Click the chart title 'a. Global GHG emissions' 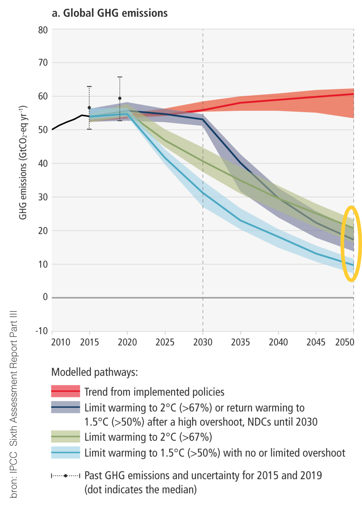110,13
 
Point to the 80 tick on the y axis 43,30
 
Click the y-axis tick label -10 42,331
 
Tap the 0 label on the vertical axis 45,297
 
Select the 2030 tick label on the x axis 203,342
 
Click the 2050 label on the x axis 344,342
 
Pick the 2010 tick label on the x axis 61,342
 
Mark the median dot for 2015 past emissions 89,108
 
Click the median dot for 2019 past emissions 120,98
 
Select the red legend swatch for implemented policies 65,391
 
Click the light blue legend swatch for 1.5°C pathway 65,452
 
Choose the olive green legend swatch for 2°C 65,436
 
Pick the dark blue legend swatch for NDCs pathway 65,407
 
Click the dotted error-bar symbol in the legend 65,476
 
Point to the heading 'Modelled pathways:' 94,372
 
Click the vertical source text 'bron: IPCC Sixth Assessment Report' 13,404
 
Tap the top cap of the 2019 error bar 120,77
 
